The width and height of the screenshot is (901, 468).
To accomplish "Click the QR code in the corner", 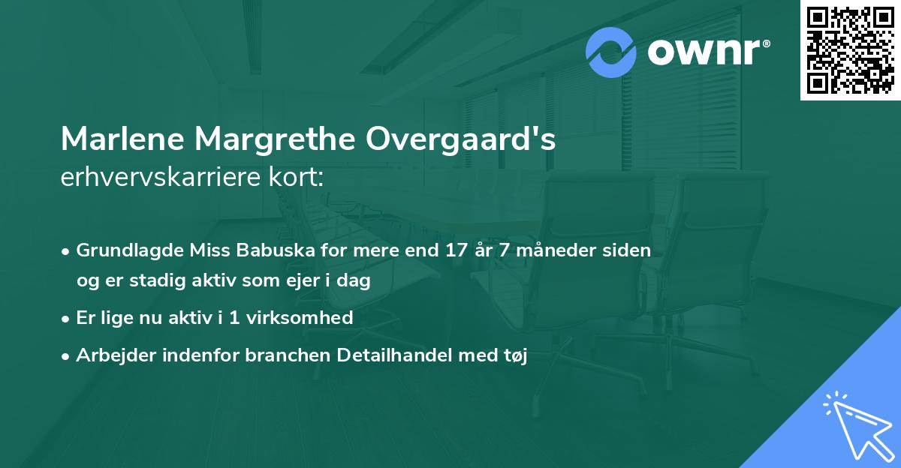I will coord(851,49).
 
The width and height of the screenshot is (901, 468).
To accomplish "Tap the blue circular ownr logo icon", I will coord(611,52).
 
